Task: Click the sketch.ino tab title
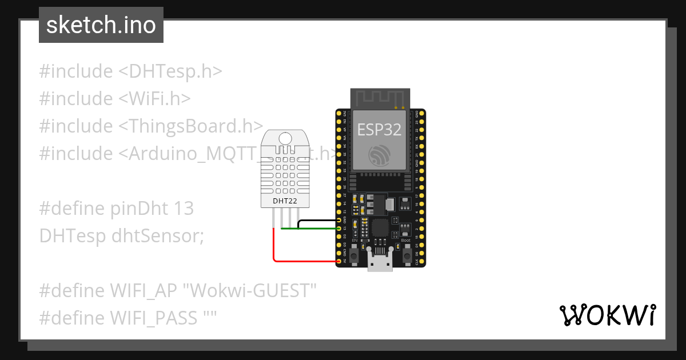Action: coord(101,25)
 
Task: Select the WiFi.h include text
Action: coord(154,99)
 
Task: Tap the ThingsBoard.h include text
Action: coord(191,126)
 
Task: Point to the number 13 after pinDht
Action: coord(184,209)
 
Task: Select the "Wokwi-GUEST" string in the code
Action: coord(249,290)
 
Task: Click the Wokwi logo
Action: coord(607,315)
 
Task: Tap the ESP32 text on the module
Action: coord(379,130)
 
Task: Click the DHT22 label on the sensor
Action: coord(284,201)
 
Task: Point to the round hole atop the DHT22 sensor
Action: coord(284,137)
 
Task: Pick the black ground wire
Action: coord(318,220)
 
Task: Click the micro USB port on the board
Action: coord(380,264)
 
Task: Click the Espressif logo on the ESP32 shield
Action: coord(379,156)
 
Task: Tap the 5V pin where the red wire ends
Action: coord(339,262)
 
